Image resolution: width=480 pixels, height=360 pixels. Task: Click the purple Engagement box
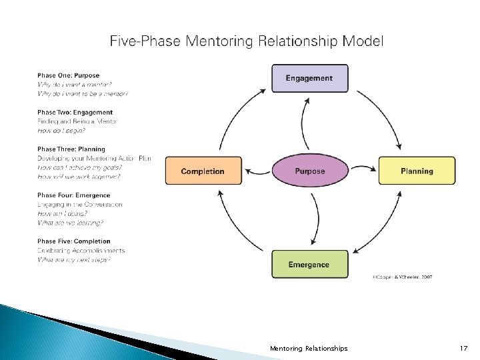[x=309, y=78]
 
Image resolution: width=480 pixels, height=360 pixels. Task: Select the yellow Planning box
[x=417, y=171]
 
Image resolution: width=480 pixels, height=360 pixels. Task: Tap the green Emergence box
[x=309, y=265]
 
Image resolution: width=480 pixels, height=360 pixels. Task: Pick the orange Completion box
[x=203, y=171]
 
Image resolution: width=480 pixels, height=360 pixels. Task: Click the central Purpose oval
[x=309, y=171]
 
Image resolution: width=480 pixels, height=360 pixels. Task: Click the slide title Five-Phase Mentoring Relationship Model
[x=247, y=41]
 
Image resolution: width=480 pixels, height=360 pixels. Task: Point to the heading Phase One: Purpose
[x=68, y=76]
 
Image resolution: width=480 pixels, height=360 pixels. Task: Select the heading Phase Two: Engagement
[x=75, y=113]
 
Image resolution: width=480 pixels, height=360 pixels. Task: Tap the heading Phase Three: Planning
[x=71, y=149]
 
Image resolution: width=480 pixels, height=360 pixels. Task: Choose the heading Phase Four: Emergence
[x=73, y=195]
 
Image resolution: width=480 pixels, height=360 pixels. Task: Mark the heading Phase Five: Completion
[x=73, y=241]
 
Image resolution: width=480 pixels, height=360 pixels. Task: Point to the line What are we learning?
[x=70, y=223]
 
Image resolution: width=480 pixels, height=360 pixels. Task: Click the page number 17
[x=464, y=349]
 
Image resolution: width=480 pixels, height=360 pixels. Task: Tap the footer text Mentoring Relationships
[x=309, y=349]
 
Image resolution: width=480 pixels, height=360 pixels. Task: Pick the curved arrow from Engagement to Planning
[x=383, y=110]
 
